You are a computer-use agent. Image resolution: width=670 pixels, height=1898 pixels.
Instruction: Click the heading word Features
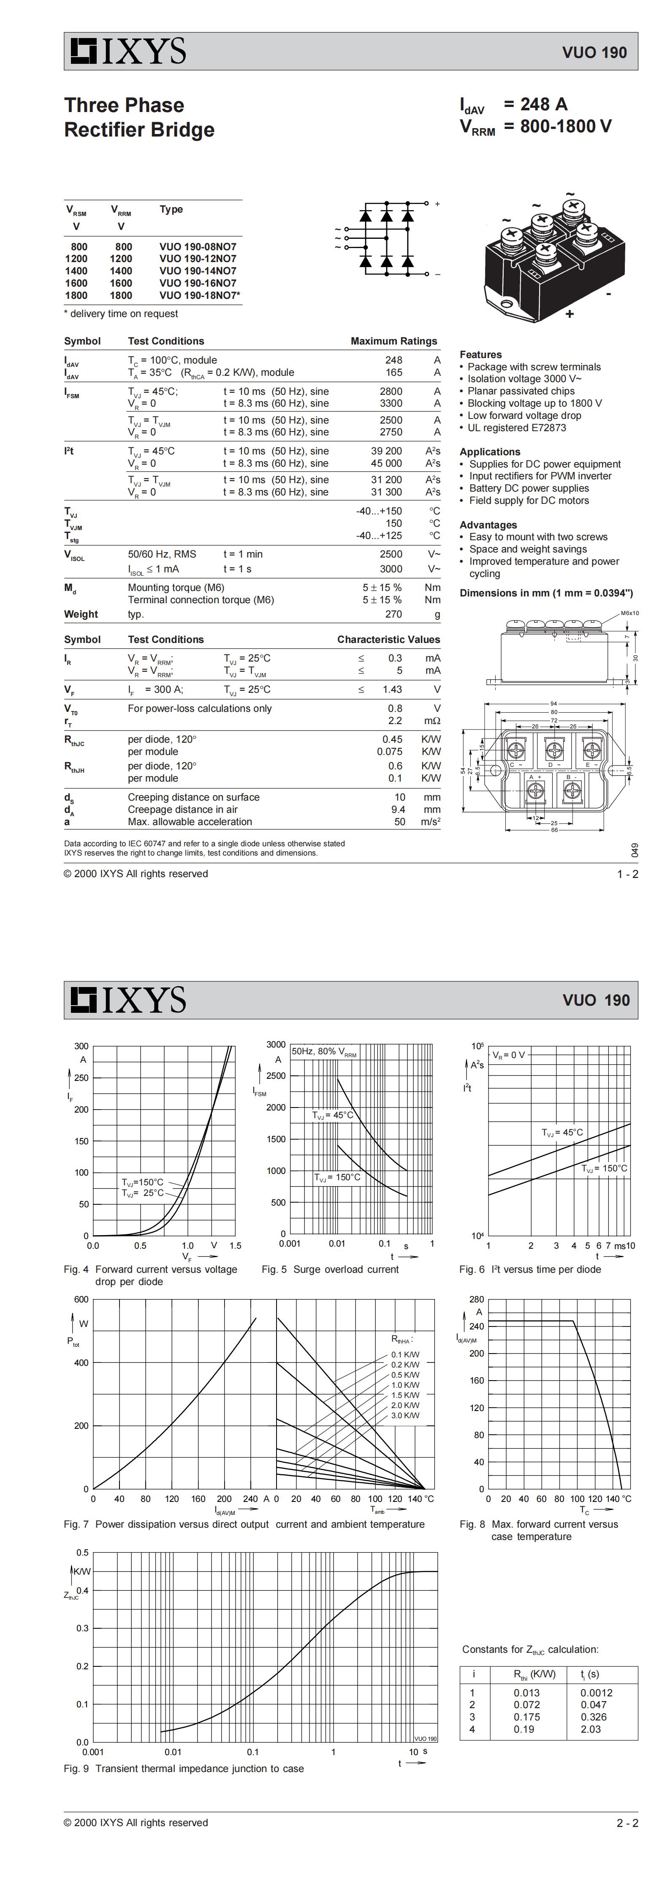pos(480,354)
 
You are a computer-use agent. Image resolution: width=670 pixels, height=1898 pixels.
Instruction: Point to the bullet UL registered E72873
pos(516,427)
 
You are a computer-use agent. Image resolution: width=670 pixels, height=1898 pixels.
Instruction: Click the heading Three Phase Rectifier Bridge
pos(139,117)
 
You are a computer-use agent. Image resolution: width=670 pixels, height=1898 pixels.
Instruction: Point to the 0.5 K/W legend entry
pos(405,1375)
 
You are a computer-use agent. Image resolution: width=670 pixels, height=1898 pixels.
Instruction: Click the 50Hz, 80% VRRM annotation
pos(323,1051)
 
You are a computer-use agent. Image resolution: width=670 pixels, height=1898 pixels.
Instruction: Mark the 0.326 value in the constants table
pos(594,1717)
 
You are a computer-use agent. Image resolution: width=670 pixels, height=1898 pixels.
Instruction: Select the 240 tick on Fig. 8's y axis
pos(476,1326)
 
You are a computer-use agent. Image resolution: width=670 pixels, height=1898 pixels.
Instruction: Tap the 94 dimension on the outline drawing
pos(553,704)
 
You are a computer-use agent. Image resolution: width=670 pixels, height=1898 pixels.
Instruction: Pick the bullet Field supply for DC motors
pos(529,500)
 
